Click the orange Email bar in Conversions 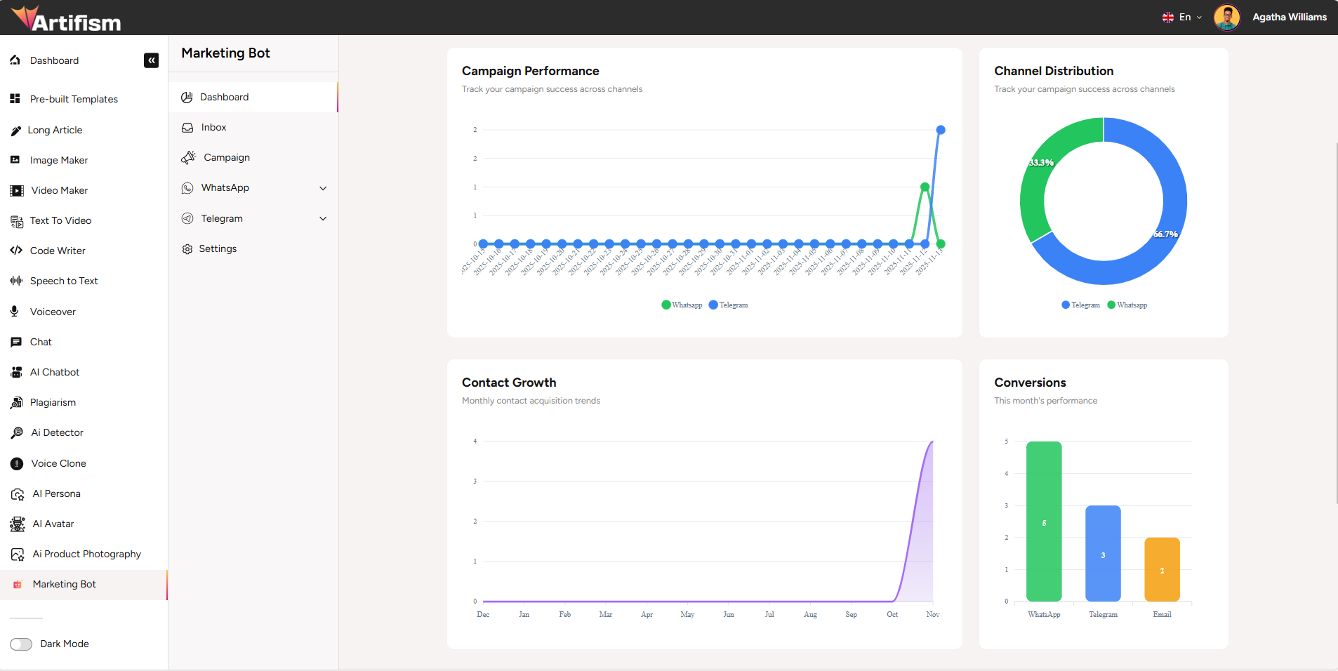1162,569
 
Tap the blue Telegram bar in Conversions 1103,554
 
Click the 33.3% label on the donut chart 1041,163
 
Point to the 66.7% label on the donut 1165,234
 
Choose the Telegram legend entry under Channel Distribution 1081,305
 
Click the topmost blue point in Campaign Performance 941,130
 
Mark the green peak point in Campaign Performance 925,187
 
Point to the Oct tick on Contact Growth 892,614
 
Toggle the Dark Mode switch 21,644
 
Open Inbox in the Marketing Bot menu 213,128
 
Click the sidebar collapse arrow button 151,60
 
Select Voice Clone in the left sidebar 58,464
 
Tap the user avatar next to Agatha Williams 1226,18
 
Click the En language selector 1182,18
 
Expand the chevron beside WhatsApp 323,188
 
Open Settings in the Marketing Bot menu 218,249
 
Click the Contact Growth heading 509,383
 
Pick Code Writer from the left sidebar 58,251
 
